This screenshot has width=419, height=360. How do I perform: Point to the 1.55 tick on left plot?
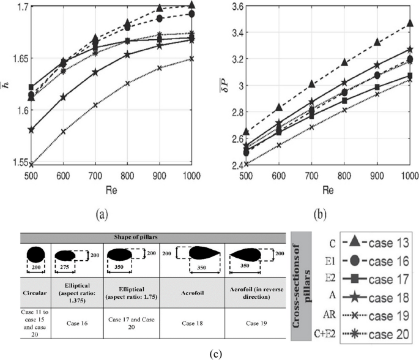click(12, 163)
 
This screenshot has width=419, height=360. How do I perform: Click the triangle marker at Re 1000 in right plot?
click(410, 23)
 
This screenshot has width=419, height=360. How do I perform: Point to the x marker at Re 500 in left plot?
click(31, 164)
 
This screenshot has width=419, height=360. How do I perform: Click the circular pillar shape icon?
click(35, 253)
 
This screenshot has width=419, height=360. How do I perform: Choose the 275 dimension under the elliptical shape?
click(64, 267)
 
